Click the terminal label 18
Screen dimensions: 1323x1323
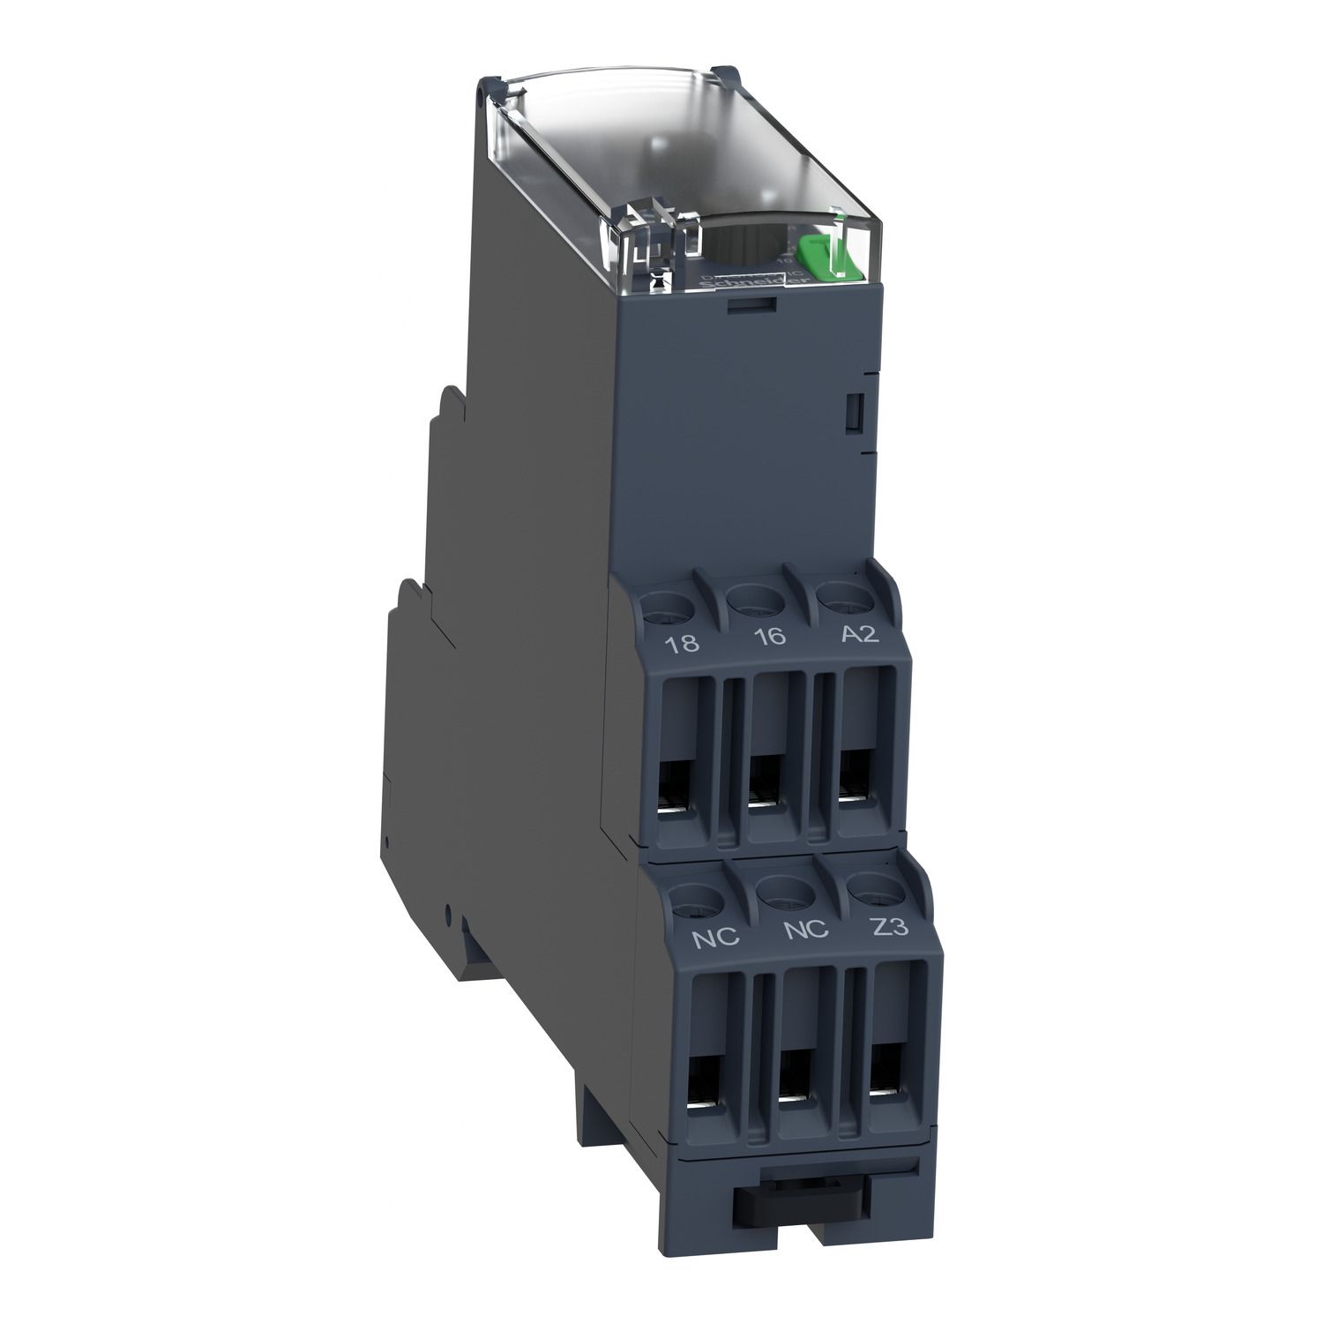pos(684,643)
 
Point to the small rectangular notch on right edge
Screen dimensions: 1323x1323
pos(853,412)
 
